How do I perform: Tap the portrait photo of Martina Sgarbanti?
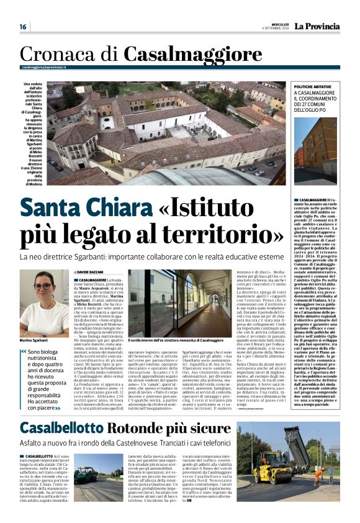(x=43, y=302)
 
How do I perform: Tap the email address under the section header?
(x=43, y=67)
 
